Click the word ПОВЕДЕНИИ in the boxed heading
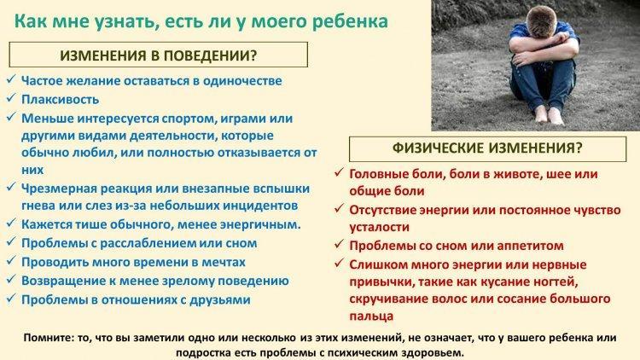pos(210,55)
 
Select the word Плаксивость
pos(60,99)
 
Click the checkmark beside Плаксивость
pos(11,98)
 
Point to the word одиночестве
pos(242,81)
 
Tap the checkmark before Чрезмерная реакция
pos(11,188)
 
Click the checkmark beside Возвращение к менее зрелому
pos(11,280)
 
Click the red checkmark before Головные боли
pos(339,172)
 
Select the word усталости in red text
pos(379,228)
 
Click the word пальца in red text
pos(371,316)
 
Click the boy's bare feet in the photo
pos(549,114)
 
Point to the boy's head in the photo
pos(540,21)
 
